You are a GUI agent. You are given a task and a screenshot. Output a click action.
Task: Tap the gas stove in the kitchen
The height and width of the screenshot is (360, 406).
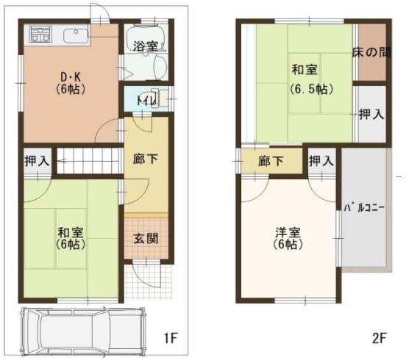click(x=40, y=34)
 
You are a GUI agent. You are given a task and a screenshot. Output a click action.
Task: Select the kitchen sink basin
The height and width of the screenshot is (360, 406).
click(x=76, y=36)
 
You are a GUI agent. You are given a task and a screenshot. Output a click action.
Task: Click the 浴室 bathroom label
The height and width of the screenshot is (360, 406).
click(x=146, y=46)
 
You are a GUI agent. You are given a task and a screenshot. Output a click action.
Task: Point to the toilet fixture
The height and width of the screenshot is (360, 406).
click(x=159, y=98)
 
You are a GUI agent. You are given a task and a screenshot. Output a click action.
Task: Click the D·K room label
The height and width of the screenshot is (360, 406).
click(x=71, y=76)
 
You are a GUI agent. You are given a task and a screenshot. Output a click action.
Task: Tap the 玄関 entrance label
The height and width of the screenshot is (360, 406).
click(x=146, y=239)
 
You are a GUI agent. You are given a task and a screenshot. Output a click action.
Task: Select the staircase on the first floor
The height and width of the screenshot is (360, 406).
click(x=89, y=161)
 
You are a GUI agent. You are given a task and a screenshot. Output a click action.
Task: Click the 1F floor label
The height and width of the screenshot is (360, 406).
click(x=170, y=337)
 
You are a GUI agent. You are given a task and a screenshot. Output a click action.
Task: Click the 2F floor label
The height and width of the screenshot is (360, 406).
click(x=379, y=337)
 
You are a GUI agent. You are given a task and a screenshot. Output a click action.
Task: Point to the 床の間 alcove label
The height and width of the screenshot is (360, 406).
click(x=371, y=52)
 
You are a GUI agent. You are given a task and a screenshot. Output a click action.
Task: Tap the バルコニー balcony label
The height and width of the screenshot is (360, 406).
click(x=364, y=208)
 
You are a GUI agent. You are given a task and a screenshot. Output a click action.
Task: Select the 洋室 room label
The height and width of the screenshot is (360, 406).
click(x=288, y=232)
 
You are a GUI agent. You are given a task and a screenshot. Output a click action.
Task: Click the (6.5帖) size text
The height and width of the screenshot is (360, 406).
click(x=312, y=89)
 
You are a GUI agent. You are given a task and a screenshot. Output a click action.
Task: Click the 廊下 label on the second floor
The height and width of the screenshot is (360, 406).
click(x=271, y=161)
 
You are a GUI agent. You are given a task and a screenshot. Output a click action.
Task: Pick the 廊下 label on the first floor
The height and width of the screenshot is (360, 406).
click(x=146, y=159)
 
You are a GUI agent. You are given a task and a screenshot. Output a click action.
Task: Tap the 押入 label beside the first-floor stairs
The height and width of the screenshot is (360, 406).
click(x=37, y=162)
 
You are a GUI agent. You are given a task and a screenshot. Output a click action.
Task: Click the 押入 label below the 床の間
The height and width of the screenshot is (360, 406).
click(x=371, y=114)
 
